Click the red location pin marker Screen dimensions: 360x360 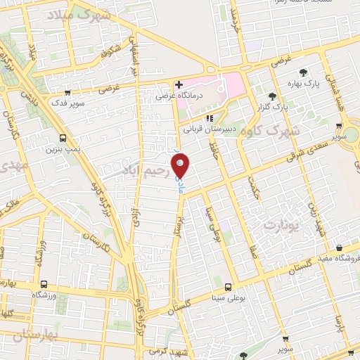click(x=181, y=164)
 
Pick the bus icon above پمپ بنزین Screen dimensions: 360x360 click(x=63, y=138)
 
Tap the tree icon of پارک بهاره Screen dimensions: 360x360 click(x=303, y=72)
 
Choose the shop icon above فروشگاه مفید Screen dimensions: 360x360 click(x=340, y=247)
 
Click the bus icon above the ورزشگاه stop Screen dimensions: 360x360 click(x=44, y=279)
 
